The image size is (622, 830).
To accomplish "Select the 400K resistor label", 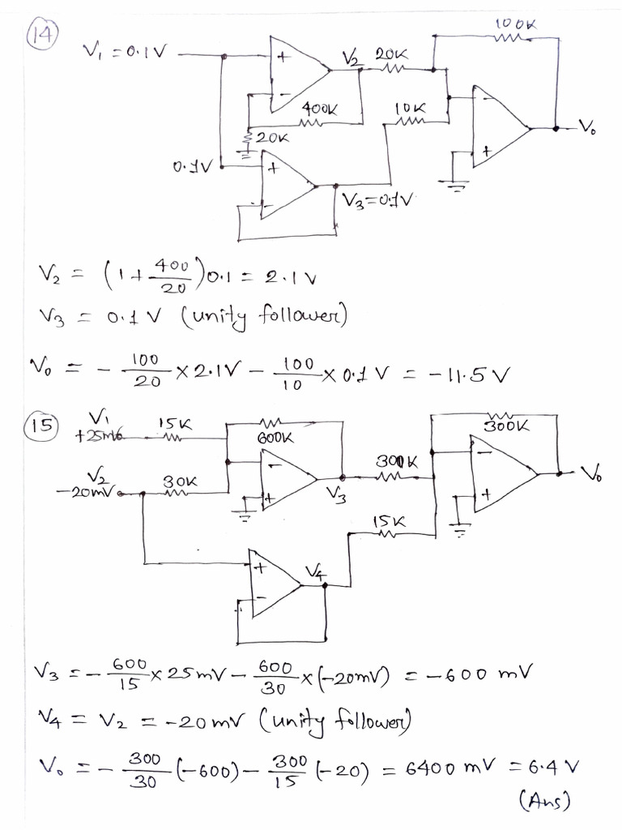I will pyautogui.click(x=319, y=108).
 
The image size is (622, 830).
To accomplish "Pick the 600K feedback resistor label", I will pyautogui.click(x=275, y=437).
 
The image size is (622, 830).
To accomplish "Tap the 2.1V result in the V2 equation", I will pyautogui.click(x=297, y=280).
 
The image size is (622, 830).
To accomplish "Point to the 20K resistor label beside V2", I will pyautogui.click(x=391, y=56).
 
